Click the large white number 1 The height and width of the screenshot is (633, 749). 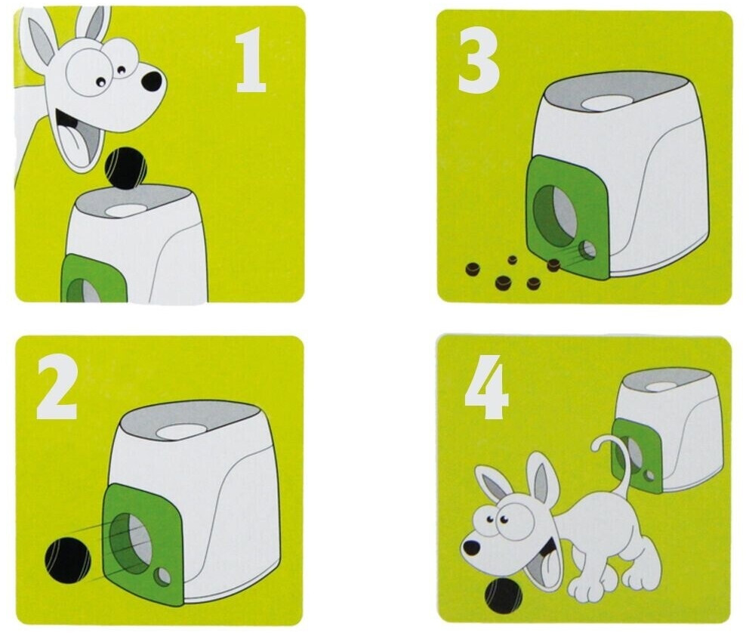[251, 60]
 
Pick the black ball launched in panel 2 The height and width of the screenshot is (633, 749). [68, 560]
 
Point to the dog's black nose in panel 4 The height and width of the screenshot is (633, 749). [472, 548]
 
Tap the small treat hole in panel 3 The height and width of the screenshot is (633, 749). [587, 250]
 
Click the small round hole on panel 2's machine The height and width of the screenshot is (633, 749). [162, 576]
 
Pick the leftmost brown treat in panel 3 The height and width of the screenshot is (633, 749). [474, 270]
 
